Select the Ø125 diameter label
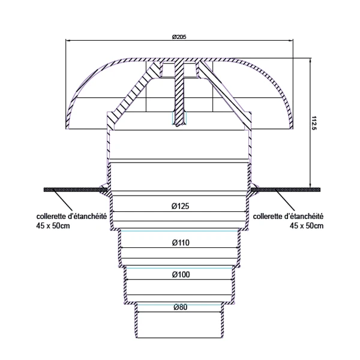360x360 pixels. click(x=180, y=206)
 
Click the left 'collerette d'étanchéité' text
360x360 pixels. click(x=71, y=217)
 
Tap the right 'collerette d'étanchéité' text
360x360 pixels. click(x=289, y=217)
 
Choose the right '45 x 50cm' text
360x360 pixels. click(x=307, y=226)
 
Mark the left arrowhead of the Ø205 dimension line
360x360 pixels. click(x=67, y=40)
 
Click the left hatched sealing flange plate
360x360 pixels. click(x=72, y=190)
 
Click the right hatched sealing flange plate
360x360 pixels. click(x=288, y=190)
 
